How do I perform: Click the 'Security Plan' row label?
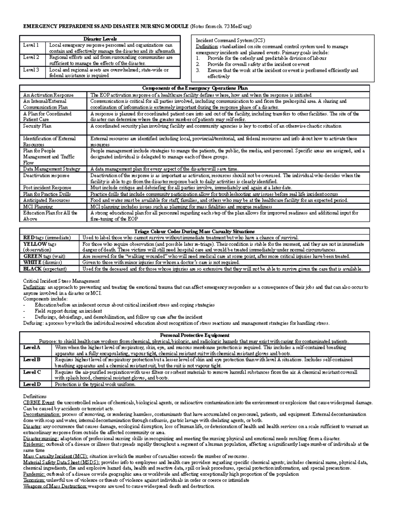tap(37, 126)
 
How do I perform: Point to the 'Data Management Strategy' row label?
tap(52, 169)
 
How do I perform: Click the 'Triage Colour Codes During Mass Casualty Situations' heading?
tap(195, 231)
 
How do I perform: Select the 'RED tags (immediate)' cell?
tap(47, 238)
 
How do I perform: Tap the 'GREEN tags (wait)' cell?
tap(44, 256)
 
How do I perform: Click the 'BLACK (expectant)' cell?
tap(45, 269)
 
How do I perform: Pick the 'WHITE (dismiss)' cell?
tap(42, 262)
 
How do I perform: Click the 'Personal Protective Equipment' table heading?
tap(195, 335)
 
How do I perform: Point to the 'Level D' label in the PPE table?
tap(32, 384)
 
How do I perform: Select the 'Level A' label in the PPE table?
tap(31, 348)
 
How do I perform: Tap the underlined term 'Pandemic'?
tap(33, 474)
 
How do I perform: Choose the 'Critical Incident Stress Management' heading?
tap(61, 281)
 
